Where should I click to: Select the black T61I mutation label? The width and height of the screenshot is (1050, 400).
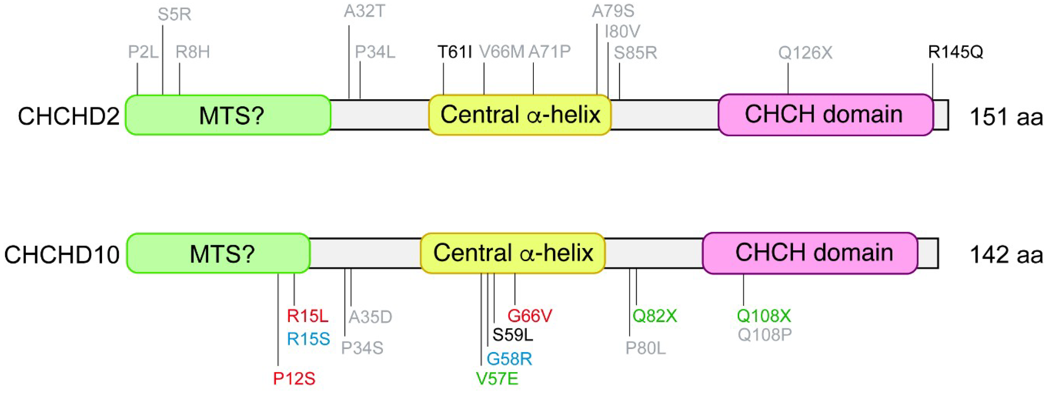[455, 52]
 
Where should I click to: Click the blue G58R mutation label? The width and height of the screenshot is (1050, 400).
[509, 359]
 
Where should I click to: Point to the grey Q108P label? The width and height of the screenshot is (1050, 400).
[765, 335]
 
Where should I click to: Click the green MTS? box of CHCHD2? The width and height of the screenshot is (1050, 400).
[228, 115]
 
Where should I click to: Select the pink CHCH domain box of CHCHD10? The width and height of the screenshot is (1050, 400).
[810, 253]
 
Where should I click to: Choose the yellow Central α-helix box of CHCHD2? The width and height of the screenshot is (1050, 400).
[520, 115]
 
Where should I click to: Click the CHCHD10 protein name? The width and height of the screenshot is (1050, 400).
[62, 255]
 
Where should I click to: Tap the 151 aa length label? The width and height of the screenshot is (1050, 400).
[1006, 117]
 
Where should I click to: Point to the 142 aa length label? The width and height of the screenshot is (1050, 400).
[1006, 255]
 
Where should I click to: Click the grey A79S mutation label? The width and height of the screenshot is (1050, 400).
[613, 11]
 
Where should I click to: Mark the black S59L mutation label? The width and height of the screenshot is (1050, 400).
[512, 335]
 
